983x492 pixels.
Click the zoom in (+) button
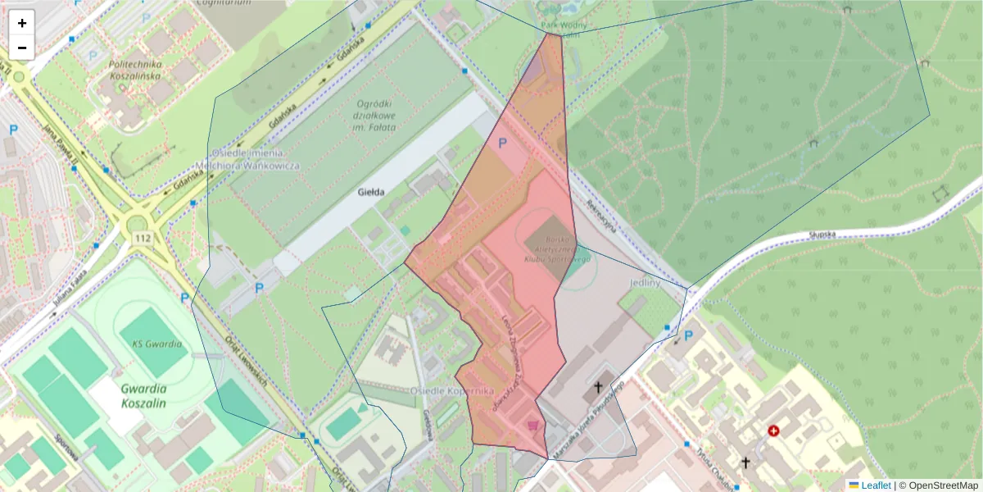point(22,23)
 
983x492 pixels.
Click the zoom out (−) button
point(22,48)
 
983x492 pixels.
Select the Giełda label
point(371,193)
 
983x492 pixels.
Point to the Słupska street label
point(822,235)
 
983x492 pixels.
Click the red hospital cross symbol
point(773,430)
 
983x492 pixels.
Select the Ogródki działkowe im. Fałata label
point(376,116)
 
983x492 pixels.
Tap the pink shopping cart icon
point(533,425)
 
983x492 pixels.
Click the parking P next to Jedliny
point(688,336)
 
